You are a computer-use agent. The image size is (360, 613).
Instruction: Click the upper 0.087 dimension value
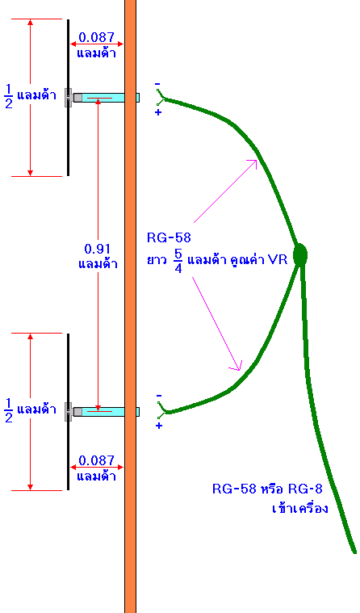point(97,37)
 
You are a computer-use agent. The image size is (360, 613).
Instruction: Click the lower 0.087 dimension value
point(97,460)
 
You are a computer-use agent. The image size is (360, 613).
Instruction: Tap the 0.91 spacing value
point(98,249)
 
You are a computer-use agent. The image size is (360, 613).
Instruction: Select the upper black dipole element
point(68,98)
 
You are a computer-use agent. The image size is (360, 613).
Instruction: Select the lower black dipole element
point(68,412)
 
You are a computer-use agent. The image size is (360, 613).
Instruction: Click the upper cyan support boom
point(107,98)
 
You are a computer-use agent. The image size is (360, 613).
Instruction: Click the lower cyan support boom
point(107,412)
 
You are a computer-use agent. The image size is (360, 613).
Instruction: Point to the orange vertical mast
point(131,307)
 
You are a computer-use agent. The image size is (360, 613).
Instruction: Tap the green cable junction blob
point(299,254)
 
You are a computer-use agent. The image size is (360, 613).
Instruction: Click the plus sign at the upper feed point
point(158,112)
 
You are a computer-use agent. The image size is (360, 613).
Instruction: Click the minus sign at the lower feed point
point(159,396)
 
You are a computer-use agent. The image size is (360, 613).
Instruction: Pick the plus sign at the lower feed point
point(159,426)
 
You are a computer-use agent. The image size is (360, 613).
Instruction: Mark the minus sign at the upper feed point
point(157,84)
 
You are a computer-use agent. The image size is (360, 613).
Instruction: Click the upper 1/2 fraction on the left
point(9,97)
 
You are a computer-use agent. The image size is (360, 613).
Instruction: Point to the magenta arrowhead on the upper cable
point(253,163)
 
